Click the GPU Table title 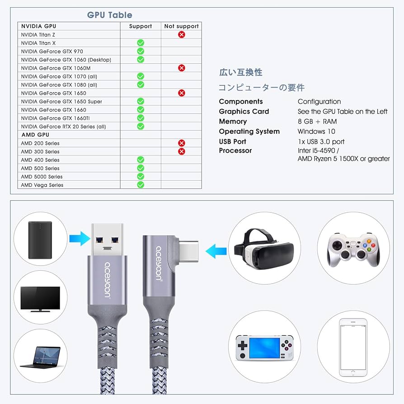point(109,15)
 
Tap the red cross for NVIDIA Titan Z point(181,34)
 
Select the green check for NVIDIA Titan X point(141,43)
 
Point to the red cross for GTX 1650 point(181,93)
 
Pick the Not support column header point(181,26)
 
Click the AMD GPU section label point(35,135)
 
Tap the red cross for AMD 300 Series point(181,151)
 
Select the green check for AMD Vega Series point(141,185)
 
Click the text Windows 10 point(316,132)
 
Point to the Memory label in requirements point(233,122)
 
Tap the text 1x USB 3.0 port point(321,141)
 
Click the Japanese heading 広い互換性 point(240,72)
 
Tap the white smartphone point(353,347)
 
